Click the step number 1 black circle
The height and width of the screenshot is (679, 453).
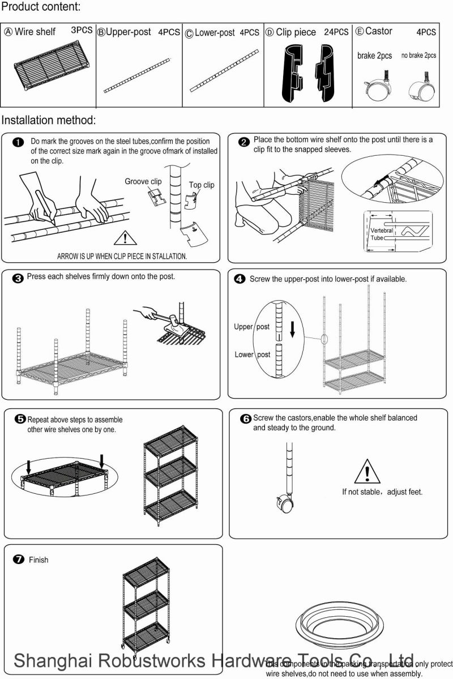coord(18,142)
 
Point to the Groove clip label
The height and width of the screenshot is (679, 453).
coord(143,181)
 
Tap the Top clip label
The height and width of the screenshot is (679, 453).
coord(202,185)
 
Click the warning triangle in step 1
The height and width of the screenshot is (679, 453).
coord(123,237)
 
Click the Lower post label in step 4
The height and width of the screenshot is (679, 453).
coord(252,355)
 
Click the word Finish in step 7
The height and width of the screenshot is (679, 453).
coord(39,560)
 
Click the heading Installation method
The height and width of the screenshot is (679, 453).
coord(49,120)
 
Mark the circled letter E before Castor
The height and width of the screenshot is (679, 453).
coord(359,32)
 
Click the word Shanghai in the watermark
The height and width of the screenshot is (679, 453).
coord(52,661)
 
